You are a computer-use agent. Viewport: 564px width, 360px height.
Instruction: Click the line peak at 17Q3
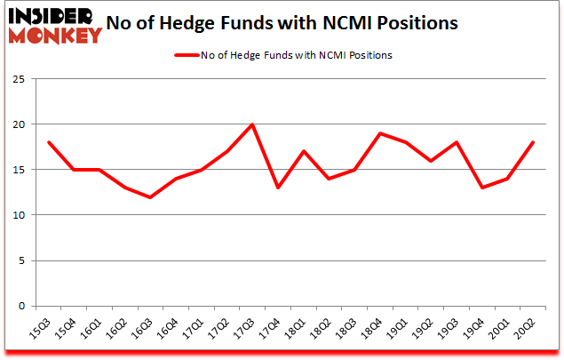point(252,124)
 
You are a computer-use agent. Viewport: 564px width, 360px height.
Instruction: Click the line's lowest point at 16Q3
point(150,197)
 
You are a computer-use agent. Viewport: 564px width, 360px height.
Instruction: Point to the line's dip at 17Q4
point(278,188)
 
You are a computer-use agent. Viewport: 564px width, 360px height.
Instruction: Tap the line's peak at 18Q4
point(380,133)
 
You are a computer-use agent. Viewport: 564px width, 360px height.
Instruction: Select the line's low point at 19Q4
point(482,188)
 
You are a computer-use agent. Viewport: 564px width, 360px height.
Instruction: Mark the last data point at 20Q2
point(534,142)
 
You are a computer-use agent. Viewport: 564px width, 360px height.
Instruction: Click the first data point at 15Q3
point(48,142)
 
